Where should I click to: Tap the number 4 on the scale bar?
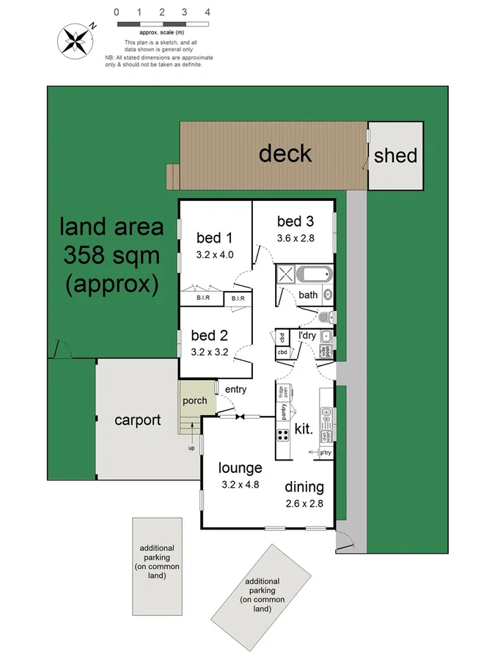208,12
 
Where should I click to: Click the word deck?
285,153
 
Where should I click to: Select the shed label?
395,155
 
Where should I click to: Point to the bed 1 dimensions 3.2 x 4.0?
215,255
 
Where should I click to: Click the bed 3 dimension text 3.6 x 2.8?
295,238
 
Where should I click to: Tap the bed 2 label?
208,336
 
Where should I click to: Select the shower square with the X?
286,276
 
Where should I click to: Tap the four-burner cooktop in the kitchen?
283,436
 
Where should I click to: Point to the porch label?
194,401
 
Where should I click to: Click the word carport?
137,420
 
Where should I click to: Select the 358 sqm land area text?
111,255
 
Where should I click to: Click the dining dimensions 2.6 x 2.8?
305,504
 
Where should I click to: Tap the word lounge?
241,468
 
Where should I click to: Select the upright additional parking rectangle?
157,565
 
